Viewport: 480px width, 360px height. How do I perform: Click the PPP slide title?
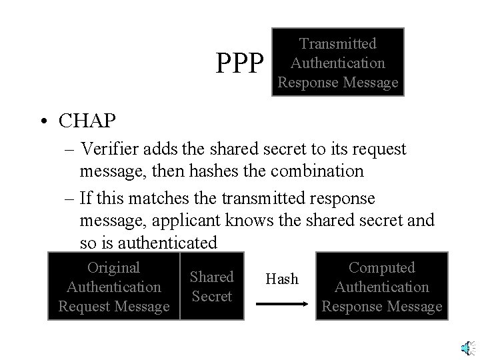click(x=241, y=63)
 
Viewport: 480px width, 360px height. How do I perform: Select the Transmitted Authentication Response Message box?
click(x=338, y=63)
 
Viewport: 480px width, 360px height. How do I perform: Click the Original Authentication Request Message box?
click(x=114, y=287)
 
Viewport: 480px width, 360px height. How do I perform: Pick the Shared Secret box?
click(x=211, y=286)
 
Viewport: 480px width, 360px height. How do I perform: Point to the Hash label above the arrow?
click(x=282, y=279)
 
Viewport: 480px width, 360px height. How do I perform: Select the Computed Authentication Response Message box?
click(x=382, y=287)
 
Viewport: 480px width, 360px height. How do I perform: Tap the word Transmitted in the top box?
click(x=338, y=44)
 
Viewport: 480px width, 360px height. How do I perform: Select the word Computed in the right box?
click(x=382, y=267)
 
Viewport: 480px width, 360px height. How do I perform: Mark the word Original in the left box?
click(x=114, y=267)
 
